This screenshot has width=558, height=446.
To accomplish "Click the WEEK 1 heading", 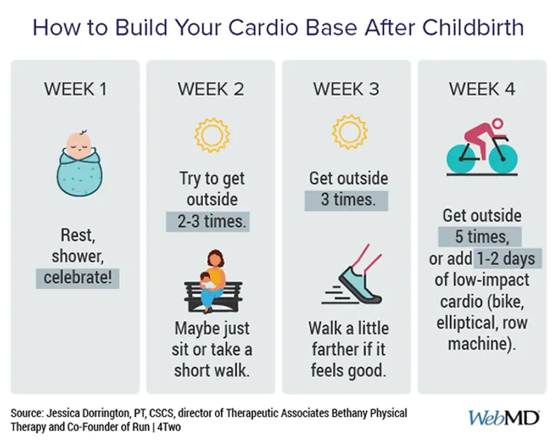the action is click(75, 89).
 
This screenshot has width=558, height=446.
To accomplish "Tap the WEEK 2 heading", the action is click(211, 89).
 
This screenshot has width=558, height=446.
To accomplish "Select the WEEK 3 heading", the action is click(346, 89).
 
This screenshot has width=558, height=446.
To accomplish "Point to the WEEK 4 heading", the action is click(482, 89).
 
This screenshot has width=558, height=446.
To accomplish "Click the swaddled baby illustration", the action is click(80, 163).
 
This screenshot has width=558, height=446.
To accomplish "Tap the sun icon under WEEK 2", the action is click(212, 135).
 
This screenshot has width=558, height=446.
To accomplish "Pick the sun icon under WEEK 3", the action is click(350, 132).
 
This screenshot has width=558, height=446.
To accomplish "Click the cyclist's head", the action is click(498, 124).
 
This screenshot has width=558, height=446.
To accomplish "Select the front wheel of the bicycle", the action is click(503, 159).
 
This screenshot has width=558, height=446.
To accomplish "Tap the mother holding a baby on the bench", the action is click(214, 281).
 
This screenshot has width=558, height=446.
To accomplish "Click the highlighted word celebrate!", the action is click(77, 278).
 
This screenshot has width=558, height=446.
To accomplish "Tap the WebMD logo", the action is click(504, 418).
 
